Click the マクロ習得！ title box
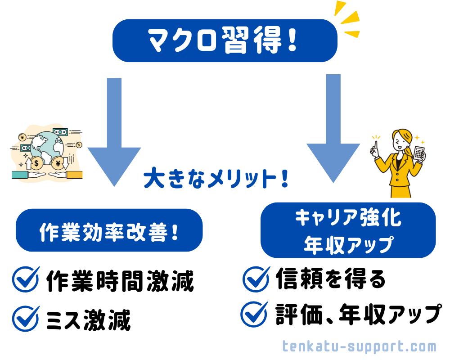[x=224, y=40]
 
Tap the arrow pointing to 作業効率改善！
[x=114, y=135]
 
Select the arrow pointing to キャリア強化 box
[x=333, y=130]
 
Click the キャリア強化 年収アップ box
[x=348, y=230]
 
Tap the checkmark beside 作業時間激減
[x=26, y=279]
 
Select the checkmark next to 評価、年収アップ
[x=255, y=314]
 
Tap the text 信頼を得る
[x=331, y=279]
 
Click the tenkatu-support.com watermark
[x=360, y=346]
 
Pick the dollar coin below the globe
[x=36, y=162]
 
